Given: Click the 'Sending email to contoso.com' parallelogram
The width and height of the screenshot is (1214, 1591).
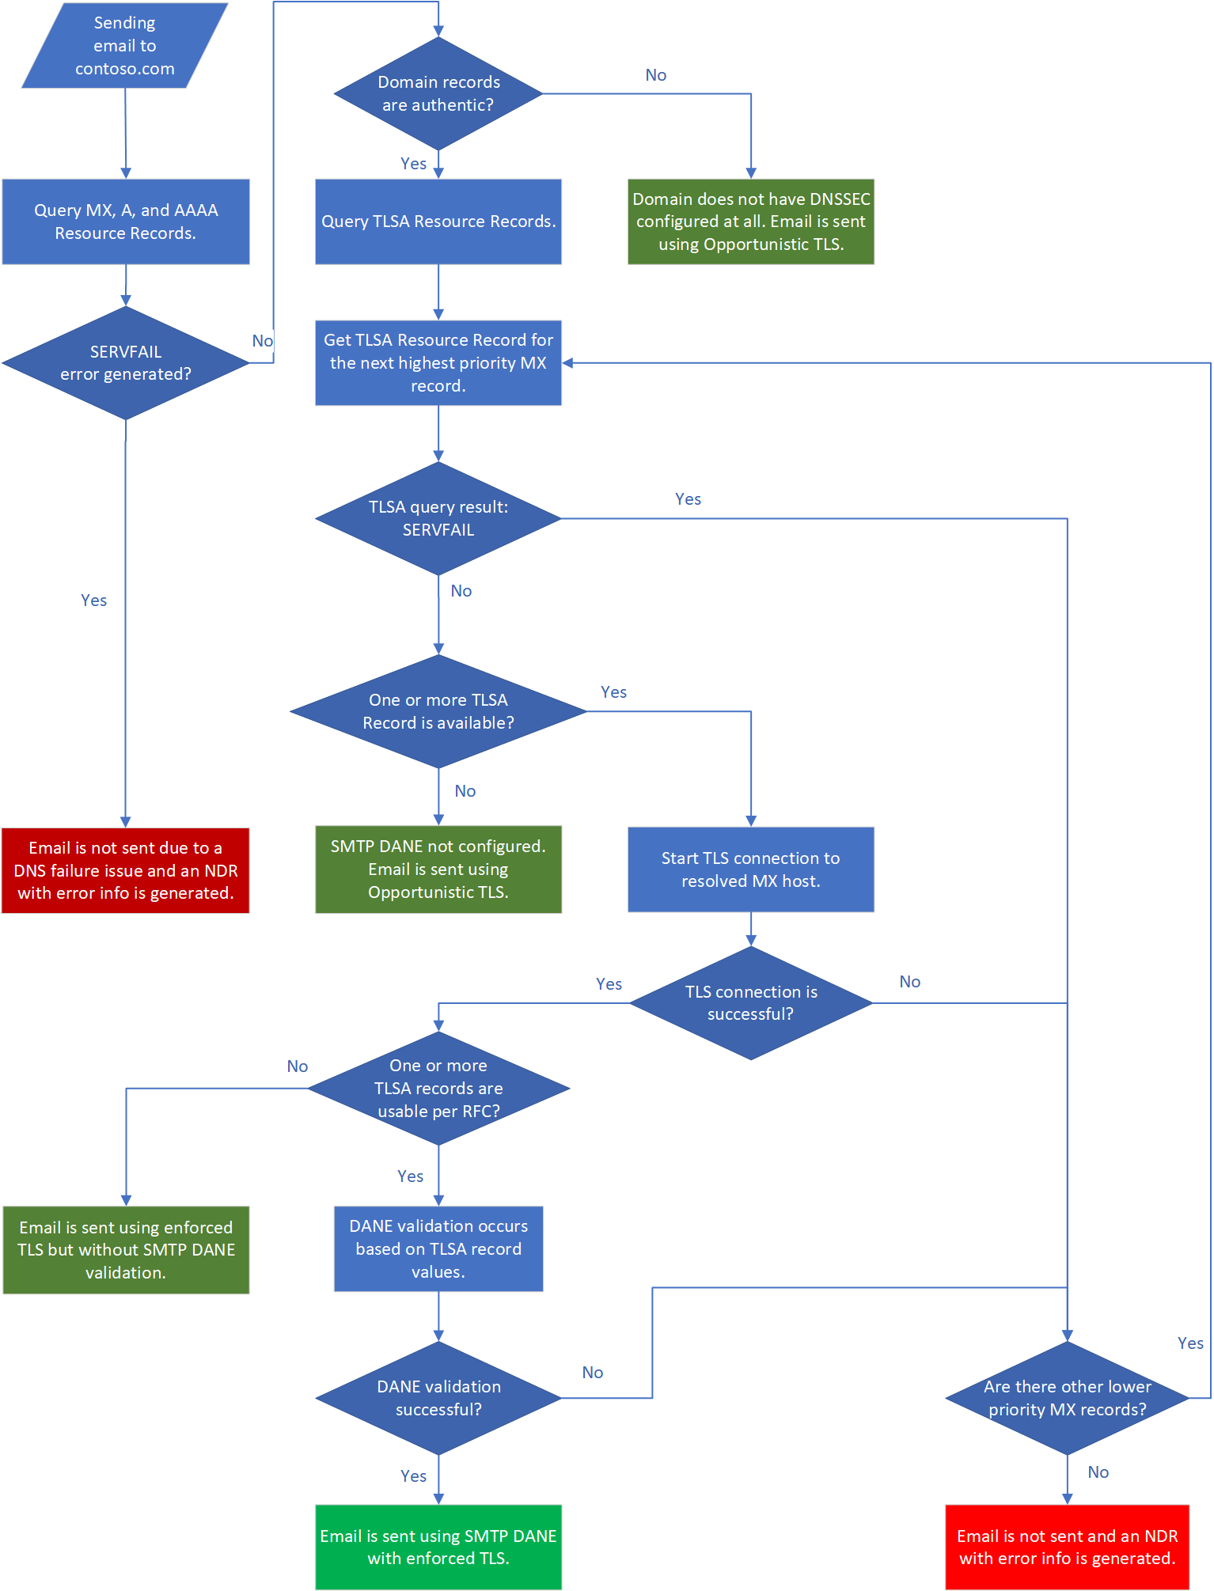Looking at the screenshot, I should click(125, 46).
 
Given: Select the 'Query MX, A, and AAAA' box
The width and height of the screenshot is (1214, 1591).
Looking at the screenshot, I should click(125, 222).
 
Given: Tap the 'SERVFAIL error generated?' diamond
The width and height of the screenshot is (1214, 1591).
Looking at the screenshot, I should click(125, 363).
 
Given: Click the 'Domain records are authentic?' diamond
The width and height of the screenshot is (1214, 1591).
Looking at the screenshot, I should click(438, 93).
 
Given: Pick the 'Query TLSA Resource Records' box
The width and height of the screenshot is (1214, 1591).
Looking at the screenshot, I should click(438, 222).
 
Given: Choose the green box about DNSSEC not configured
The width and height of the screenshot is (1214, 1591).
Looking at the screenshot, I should click(750, 222).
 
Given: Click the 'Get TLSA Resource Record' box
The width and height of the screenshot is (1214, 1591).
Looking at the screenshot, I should click(438, 363).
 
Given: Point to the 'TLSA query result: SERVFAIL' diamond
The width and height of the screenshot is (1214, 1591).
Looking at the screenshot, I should click(438, 519).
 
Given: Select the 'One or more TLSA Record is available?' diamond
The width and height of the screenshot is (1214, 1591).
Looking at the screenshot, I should click(438, 711).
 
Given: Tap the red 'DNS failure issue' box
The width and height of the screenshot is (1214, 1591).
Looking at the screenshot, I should click(125, 870).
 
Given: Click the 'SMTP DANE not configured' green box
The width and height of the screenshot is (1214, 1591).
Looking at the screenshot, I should click(438, 869).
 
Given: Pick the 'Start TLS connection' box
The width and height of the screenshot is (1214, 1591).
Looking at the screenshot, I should click(750, 869).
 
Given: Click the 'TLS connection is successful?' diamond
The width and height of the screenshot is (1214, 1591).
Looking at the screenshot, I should click(750, 1003).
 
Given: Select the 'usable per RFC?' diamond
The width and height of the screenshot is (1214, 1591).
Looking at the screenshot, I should click(438, 1089).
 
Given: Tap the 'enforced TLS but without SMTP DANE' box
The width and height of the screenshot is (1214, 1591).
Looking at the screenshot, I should click(126, 1250).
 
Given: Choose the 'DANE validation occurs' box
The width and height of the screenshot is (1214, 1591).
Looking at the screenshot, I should click(438, 1249).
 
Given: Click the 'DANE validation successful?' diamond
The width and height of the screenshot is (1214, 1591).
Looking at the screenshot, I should click(438, 1398).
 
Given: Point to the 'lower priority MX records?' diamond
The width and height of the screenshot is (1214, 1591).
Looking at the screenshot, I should click(1067, 1398).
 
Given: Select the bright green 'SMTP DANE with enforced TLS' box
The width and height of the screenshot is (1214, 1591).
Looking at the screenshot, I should click(438, 1547).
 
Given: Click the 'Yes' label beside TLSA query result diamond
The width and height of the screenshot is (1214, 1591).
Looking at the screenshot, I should click(688, 499).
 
